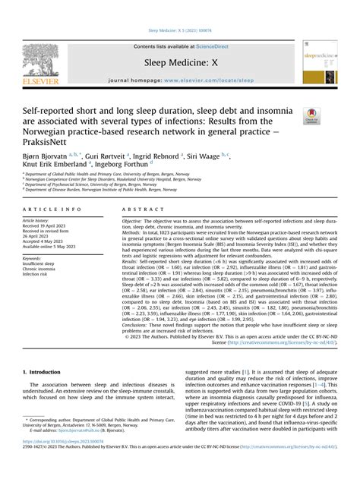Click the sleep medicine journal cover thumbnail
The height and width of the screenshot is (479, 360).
click(x=320, y=62)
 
